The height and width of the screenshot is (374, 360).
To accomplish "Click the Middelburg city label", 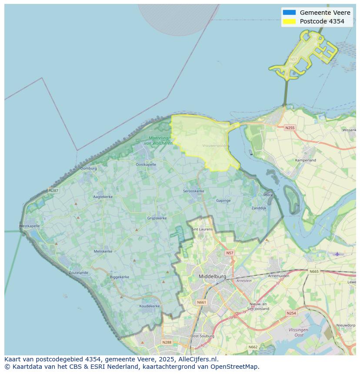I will (212, 276).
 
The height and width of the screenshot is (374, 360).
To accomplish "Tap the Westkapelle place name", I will (30, 226).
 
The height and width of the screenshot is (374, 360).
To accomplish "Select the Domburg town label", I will (89, 168).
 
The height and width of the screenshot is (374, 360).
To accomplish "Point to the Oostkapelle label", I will (146, 165).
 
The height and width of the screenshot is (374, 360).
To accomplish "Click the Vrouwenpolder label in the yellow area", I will (216, 146).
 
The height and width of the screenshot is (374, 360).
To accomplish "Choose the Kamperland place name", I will (306, 160).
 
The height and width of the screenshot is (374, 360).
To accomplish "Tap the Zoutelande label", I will (78, 273).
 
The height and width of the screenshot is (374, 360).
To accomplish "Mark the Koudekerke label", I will (149, 306).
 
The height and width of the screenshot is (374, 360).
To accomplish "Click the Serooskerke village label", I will (193, 191).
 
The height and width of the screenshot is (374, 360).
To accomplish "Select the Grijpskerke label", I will (157, 218).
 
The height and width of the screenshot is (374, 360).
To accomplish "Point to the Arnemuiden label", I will (279, 275).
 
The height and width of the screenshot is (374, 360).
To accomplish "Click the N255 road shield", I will (290, 128).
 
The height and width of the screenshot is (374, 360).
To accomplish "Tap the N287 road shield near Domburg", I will (53, 190).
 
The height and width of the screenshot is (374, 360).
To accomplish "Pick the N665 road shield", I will (313, 271).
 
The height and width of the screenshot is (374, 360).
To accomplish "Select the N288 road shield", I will (167, 342).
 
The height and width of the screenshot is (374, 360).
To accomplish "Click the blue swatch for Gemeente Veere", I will (289, 13).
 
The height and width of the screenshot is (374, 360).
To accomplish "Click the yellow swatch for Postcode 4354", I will (289, 21).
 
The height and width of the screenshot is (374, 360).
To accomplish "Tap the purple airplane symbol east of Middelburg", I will (337, 254).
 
